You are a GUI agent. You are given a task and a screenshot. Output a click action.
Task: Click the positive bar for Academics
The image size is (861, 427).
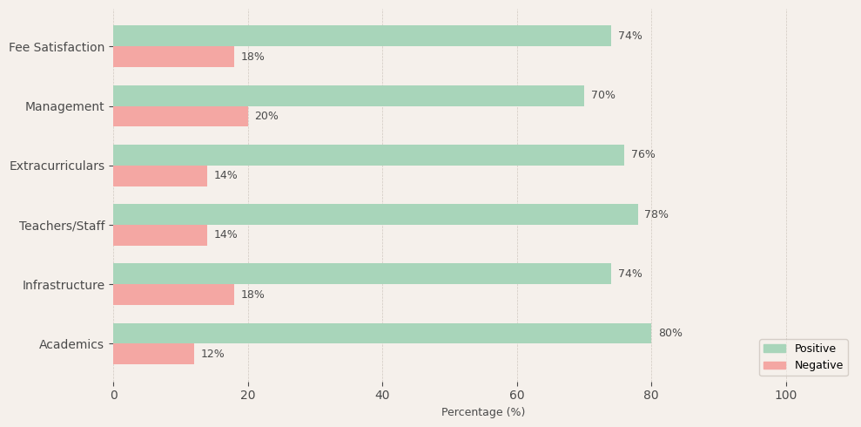coord(382,333)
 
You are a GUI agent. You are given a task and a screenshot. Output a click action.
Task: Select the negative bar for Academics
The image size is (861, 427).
coord(153,354)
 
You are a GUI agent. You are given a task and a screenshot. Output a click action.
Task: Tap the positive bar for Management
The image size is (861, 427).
coord(348,96)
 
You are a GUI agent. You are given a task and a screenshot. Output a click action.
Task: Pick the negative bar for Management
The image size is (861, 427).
coord(180,116)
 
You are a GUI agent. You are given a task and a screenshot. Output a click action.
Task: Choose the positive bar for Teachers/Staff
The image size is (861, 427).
coord(375,214)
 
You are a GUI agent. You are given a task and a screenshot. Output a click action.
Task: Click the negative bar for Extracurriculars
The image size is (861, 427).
coord(160,176)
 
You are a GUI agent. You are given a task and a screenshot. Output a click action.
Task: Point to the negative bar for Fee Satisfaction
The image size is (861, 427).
coord(173,57)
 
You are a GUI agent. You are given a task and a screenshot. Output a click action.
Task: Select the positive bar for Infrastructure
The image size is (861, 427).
coord(362,274)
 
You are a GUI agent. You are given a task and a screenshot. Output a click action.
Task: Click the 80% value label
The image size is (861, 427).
coord(670,333)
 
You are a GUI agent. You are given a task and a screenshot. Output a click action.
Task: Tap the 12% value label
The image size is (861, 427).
coord(212,354)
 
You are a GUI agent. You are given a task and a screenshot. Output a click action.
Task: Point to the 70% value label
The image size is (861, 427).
coord(603,96)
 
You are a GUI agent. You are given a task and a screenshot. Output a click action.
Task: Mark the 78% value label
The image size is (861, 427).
coord(656,214)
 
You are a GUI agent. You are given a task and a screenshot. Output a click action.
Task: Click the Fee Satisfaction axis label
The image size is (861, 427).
coord(57,47)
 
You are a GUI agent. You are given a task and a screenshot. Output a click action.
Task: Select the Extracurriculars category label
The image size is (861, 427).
coord(57,166)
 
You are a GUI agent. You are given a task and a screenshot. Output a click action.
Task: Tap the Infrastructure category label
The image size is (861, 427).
coord(63,285)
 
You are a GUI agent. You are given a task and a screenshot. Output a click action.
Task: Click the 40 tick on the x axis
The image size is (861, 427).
coord(382,396)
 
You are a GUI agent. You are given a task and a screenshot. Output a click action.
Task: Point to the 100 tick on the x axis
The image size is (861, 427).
coord(786,396)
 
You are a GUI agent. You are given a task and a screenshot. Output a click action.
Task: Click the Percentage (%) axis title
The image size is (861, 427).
coord(483,412)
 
